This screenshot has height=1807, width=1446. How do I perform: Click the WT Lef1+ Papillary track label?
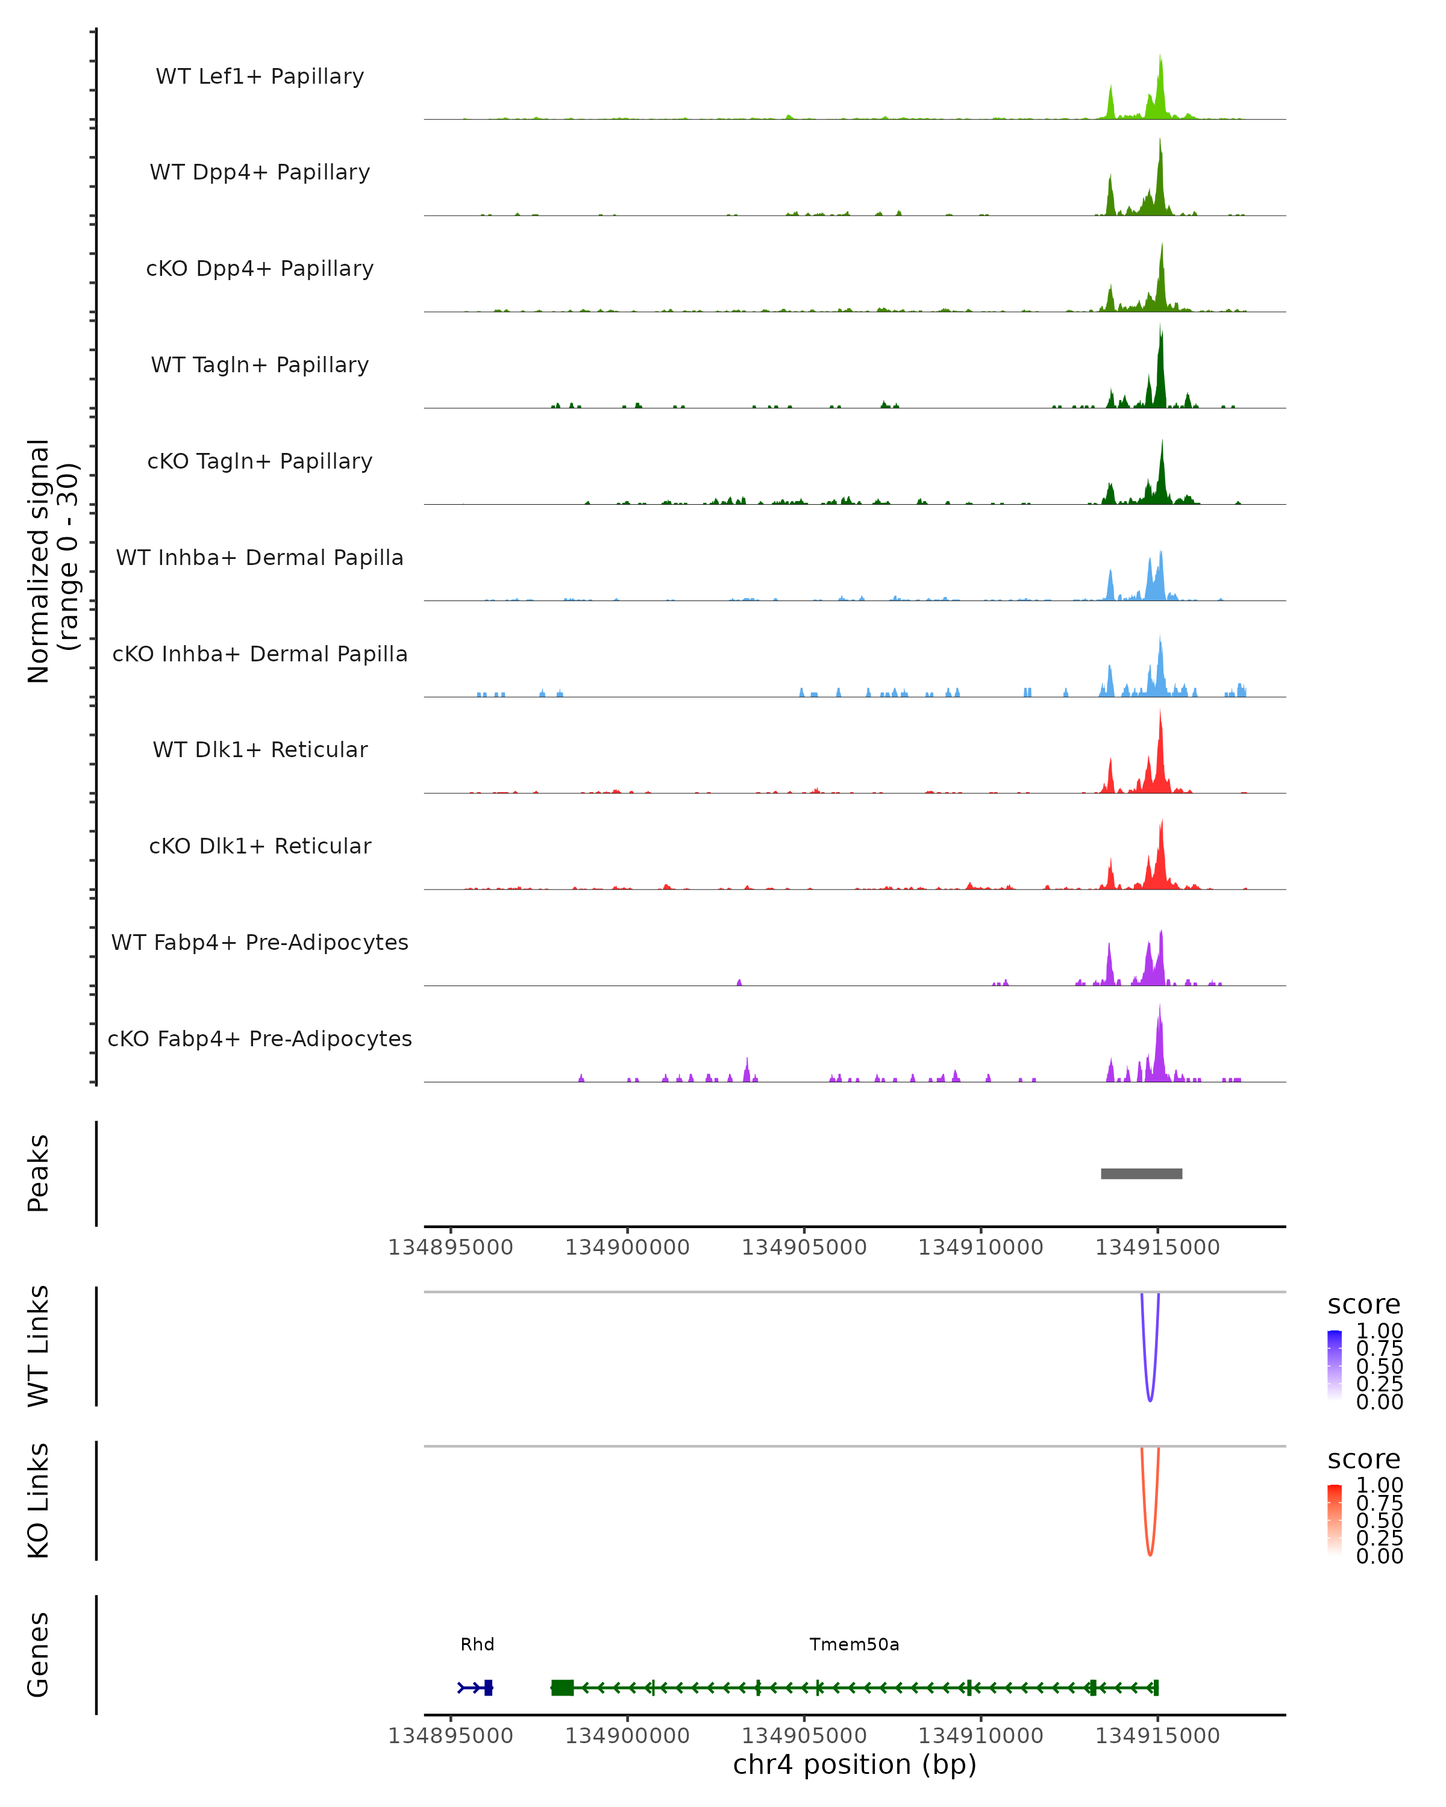[x=260, y=76]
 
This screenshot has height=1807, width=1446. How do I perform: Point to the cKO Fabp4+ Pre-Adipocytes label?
[x=260, y=1038]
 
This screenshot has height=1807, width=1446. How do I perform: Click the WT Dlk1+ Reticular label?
[x=260, y=749]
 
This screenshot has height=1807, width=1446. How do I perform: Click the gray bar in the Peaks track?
[x=1141, y=1173]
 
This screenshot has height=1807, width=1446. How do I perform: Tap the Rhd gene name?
[x=477, y=1644]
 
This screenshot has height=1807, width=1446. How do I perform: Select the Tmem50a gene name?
[x=854, y=1644]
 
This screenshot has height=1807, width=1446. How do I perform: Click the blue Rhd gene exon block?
[x=488, y=1688]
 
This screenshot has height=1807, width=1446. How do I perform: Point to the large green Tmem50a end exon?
[x=563, y=1688]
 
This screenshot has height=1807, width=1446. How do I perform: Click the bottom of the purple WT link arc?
[x=1150, y=1400]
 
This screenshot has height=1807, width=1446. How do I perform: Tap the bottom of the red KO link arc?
[x=1150, y=1554]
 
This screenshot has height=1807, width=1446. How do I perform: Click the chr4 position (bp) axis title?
[x=854, y=1764]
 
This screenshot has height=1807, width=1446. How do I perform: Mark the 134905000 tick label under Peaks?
[x=804, y=1247]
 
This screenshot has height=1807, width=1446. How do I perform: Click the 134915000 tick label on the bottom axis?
[x=1157, y=1736]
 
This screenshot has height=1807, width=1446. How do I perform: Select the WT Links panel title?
[x=39, y=1346]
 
